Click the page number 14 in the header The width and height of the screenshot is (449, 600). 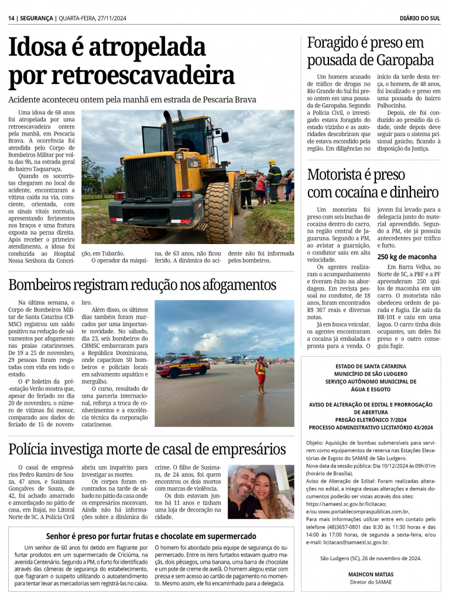pos(11,18)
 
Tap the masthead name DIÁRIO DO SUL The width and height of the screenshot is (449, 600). pos(420,18)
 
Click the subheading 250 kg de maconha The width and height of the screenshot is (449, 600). pos(406,256)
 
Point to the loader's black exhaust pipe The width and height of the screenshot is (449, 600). pos(169,129)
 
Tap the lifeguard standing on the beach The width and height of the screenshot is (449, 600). pos(261,374)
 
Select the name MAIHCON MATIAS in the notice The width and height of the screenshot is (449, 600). pos(371,574)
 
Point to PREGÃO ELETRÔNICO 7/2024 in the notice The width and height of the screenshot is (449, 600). pos(371,419)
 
